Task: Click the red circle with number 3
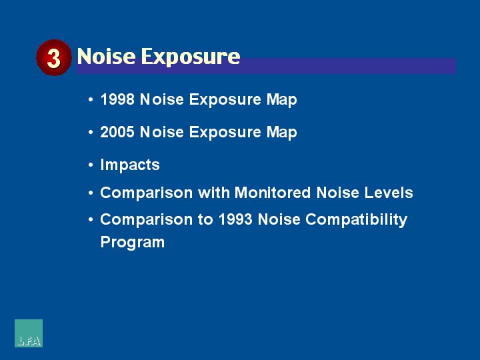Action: [54, 57]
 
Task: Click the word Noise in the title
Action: [106, 56]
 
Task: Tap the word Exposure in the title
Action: [191, 57]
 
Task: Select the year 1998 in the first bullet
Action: [117, 99]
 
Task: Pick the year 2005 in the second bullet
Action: [117, 132]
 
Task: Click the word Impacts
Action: [130, 165]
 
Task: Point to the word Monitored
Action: [273, 193]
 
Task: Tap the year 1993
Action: [235, 219]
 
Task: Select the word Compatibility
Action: [356, 220]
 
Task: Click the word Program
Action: [133, 243]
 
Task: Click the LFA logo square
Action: [29, 333]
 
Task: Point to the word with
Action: [214, 193]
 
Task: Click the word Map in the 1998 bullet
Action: [281, 100]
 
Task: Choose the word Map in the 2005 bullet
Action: [281, 133]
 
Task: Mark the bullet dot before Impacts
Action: [91, 165]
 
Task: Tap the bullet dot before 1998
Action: [91, 99]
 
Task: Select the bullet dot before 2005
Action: [91, 132]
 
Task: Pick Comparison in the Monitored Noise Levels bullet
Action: [146, 193]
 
